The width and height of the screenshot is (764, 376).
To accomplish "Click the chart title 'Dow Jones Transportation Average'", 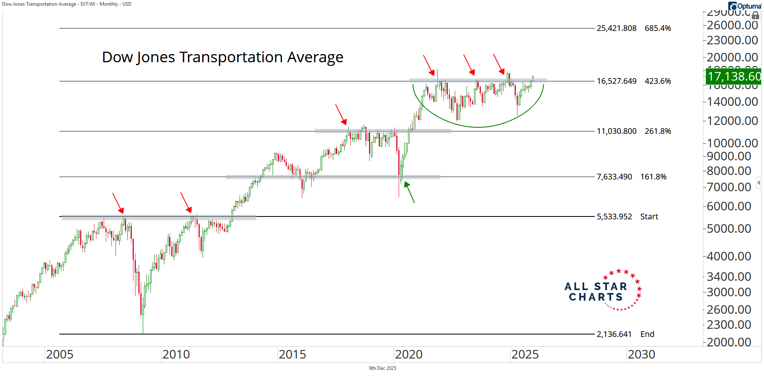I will point(223,57).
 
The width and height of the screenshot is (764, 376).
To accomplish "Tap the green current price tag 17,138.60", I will point(733,77).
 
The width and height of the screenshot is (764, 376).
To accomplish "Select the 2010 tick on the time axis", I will point(176,354).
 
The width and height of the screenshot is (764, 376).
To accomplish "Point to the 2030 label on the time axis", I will point(641,354).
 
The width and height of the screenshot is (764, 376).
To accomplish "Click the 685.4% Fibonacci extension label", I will point(658,28).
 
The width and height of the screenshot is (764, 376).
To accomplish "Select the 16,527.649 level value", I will point(616,81).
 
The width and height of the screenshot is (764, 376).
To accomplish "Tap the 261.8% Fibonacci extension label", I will point(658,131).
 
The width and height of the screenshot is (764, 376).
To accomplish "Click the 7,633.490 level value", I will point(614,177).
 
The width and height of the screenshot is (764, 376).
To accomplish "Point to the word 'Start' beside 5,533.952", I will point(649,217).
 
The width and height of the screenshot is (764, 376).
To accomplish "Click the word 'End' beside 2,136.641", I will point(647,334).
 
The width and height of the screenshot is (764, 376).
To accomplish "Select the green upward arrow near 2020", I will point(409,192).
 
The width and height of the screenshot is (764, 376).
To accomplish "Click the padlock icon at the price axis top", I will point(755,15).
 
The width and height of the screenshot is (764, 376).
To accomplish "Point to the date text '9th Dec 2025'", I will point(382,368).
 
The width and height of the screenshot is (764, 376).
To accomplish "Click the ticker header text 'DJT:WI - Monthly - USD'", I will point(106,4).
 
